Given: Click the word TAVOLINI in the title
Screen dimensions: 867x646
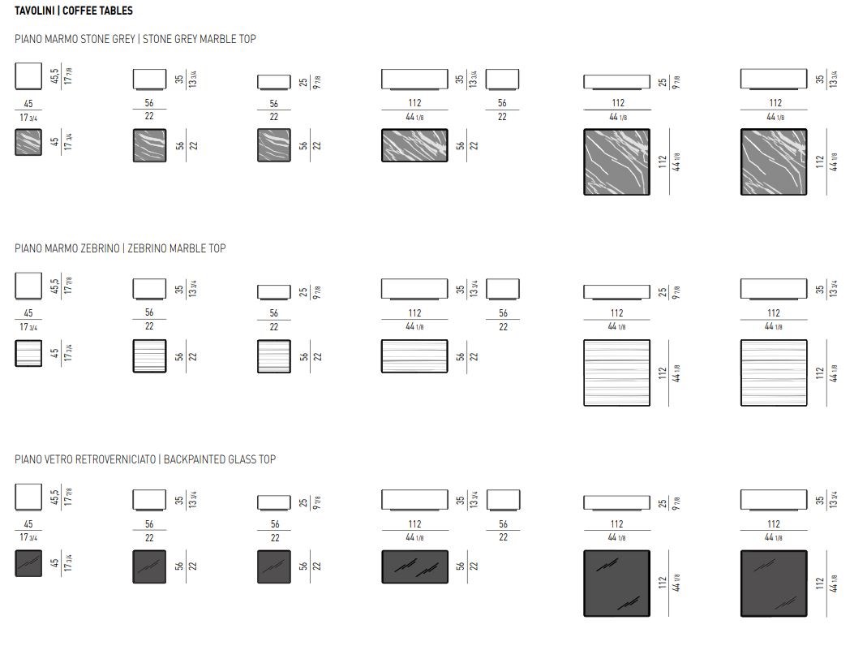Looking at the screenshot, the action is click(x=34, y=11).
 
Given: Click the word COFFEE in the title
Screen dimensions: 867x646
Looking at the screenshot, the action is click(x=79, y=11).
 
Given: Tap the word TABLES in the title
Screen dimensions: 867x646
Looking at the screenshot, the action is click(x=116, y=11).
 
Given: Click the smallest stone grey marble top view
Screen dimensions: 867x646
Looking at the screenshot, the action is click(x=28, y=142).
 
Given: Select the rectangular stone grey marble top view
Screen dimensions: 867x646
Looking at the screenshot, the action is click(x=414, y=145).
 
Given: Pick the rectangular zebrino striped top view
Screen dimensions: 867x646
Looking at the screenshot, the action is click(x=414, y=356).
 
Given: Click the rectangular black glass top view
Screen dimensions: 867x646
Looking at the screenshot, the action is click(x=414, y=566).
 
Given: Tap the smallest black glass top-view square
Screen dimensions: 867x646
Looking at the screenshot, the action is click(x=28, y=563).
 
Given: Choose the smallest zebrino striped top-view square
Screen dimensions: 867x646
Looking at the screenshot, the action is click(x=28, y=353).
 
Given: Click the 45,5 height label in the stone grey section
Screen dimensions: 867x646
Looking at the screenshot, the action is click(x=54, y=75).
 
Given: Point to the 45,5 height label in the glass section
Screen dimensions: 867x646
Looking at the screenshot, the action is click(x=54, y=497).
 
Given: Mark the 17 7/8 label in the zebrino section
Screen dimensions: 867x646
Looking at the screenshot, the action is click(x=68, y=286).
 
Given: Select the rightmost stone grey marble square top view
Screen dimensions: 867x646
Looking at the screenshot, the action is click(x=774, y=162).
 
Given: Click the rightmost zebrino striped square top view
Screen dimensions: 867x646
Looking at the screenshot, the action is click(x=774, y=373).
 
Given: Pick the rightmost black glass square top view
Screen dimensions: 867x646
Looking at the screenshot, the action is click(x=774, y=584).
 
